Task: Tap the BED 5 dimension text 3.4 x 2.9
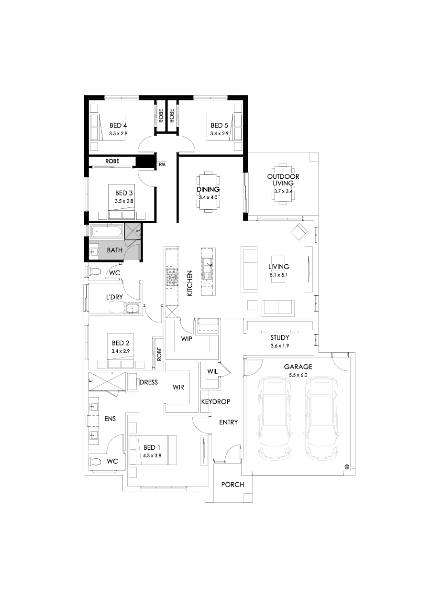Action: click(220, 133)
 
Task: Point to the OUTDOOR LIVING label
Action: click(283, 180)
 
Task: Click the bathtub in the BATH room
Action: click(106, 233)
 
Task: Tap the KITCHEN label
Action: click(189, 283)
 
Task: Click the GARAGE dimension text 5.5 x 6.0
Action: click(298, 376)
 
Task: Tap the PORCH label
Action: click(233, 485)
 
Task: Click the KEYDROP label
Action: click(213, 402)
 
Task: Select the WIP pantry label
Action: click(186, 338)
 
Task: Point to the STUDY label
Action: click(280, 337)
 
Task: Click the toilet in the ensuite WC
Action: click(95, 462)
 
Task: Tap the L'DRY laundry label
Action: click(115, 297)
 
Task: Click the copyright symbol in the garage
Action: click(346, 467)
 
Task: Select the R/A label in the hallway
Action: click(162, 165)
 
